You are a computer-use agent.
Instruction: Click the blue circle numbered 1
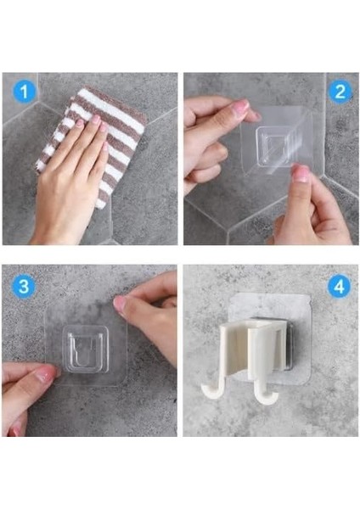coord(25,92)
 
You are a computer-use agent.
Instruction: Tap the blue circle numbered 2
coord(340,92)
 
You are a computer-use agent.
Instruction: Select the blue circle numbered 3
coord(24,286)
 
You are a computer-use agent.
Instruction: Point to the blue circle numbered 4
coord(339,287)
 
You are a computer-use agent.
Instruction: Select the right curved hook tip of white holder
coord(267,399)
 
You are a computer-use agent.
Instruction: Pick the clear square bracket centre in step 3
coord(85,349)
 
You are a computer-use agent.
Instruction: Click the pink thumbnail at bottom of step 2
coord(301,174)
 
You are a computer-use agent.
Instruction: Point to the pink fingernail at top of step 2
coord(241,106)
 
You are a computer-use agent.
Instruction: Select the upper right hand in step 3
coord(149,315)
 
